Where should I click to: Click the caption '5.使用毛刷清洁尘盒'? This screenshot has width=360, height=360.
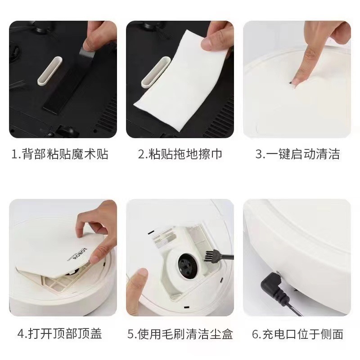tap(180, 334)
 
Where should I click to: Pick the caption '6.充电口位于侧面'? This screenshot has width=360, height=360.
tap(297, 334)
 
